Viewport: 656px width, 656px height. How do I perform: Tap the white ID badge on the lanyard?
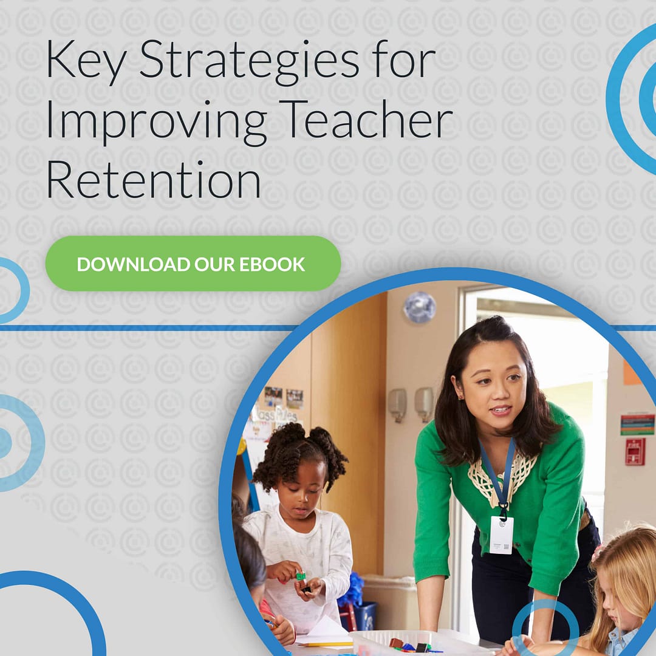pyautogui.click(x=501, y=535)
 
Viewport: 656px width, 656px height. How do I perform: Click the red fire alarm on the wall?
pyautogui.click(x=635, y=451)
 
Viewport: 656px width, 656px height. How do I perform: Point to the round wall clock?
pyautogui.click(x=420, y=307)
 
